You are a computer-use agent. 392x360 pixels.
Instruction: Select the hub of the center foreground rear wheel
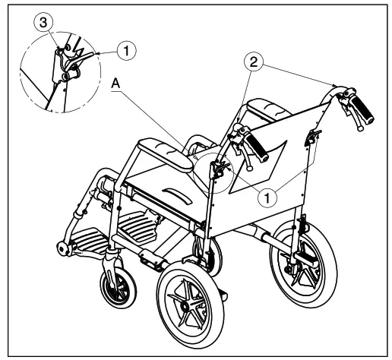(x=191, y=303)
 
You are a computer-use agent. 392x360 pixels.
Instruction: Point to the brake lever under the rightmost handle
(x=350, y=120)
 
